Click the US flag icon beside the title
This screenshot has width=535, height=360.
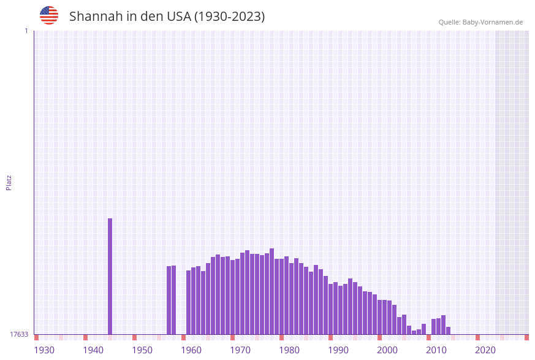coord(49,15)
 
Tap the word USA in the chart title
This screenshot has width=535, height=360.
coord(178,17)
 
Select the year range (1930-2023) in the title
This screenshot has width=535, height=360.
coord(230,17)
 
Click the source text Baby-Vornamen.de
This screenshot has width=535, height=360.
coord(493,22)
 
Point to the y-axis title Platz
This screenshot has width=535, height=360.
coord(9,182)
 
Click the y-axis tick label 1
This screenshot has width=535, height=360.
coord(26,31)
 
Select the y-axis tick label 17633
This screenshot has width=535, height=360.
coord(19,334)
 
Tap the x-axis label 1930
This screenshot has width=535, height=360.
coord(44,350)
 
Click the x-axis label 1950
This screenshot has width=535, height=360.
coord(142,350)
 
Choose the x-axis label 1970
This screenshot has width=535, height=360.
coord(240,350)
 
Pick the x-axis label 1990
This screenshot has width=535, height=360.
coord(338,350)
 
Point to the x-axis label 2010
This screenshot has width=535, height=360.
coord(436,350)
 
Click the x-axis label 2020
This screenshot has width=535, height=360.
coord(485,350)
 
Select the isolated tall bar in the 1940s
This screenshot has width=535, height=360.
coord(110,276)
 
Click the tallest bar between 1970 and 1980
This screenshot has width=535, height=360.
coord(271,291)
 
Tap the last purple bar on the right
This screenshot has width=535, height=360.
coord(448,331)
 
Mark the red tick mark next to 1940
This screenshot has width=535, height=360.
coord(86,337)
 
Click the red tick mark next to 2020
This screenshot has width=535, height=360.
coord(478,337)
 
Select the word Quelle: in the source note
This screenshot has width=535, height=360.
coord(449,22)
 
